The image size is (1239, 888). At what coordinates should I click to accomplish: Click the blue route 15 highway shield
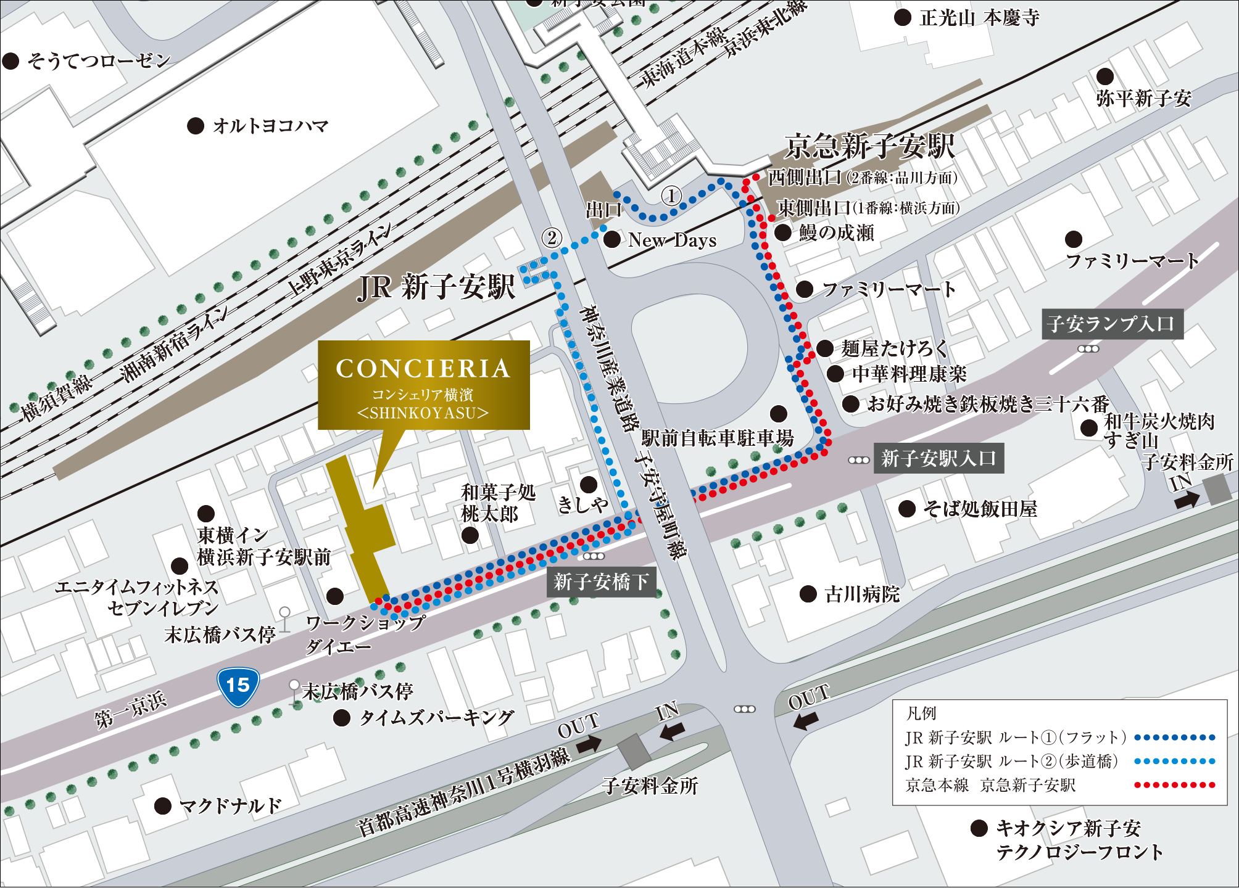coord(238,686)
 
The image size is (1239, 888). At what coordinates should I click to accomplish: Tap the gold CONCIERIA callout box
coord(423,385)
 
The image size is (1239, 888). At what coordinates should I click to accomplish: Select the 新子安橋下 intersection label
coord(601,582)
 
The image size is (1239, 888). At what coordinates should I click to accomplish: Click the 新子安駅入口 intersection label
coord(938,458)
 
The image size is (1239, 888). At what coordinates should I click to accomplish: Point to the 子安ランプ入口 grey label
coord(1112,324)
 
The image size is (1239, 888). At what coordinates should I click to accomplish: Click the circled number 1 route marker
coord(671,196)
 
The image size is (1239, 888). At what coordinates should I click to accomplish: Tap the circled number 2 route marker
coord(552,237)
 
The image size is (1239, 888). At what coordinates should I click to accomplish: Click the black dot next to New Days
coord(612,240)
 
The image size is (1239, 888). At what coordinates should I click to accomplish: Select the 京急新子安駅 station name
coord(869,147)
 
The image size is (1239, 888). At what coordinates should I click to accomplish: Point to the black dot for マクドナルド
coord(163,805)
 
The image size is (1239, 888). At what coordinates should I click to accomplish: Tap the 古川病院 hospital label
coord(861,594)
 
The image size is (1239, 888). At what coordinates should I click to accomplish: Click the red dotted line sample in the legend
coord(1175,785)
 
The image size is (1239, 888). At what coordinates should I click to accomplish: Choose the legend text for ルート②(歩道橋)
coord(1012,761)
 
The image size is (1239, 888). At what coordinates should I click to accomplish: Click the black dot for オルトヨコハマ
coord(196,126)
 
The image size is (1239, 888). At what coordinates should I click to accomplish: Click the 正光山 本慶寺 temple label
coord(979,18)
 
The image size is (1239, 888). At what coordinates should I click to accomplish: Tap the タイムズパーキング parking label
coord(436,717)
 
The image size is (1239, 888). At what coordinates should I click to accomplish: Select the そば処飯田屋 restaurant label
coord(980,509)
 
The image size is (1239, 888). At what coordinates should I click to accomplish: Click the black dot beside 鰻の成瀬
coord(783,232)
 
